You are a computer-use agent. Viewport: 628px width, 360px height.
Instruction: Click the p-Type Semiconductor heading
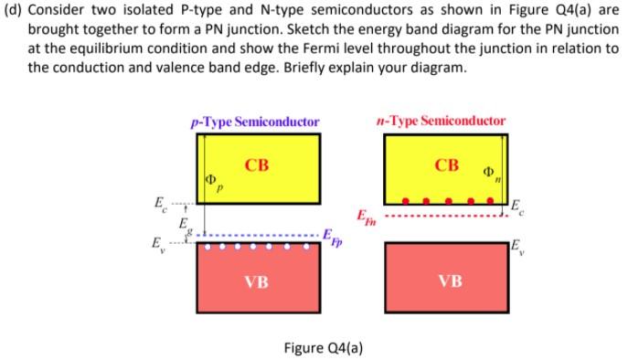tap(255, 121)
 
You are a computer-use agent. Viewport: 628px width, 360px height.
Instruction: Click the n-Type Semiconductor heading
tap(442, 120)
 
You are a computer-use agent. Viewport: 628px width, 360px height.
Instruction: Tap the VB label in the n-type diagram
tap(447, 281)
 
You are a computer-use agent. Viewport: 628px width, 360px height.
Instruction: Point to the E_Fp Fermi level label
tap(332, 241)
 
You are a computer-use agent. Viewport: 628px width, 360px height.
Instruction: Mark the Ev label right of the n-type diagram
tap(516, 242)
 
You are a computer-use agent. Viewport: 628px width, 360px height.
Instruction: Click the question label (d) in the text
tap(14, 10)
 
